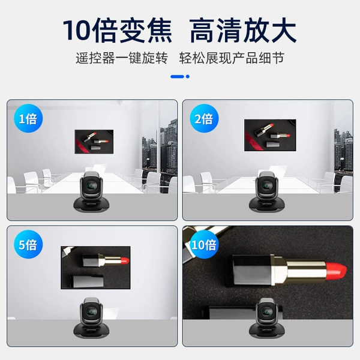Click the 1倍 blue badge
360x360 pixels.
click(x=28, y=118)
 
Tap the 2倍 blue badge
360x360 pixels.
click(x=204, y=118)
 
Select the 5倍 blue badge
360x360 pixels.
click(x=28, y=244)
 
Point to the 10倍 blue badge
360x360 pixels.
click(x=204, y=244)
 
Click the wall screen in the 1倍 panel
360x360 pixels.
click(x=94, y=142)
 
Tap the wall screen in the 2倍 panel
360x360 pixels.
click(x=270, y=135)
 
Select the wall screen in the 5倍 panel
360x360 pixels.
click(x=95, y=268)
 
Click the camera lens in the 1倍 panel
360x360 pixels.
click(x=91, y=185)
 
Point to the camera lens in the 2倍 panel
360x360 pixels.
click(x=267, y=185)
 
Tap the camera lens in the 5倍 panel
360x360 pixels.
click(x=91, y=312)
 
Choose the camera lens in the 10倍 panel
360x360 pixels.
click(x=267, y=312)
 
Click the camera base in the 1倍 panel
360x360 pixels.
click(x=91, y=205)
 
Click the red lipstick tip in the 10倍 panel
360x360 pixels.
click(x=337, y=271)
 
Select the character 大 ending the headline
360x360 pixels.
click(x=283, y=30)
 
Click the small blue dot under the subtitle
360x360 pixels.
click(x=188, y=76)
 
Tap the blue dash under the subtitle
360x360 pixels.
click(x=177, y=76)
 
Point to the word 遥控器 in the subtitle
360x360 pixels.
click(x=95, y=58)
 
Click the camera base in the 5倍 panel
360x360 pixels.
click(x=91, y=331)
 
